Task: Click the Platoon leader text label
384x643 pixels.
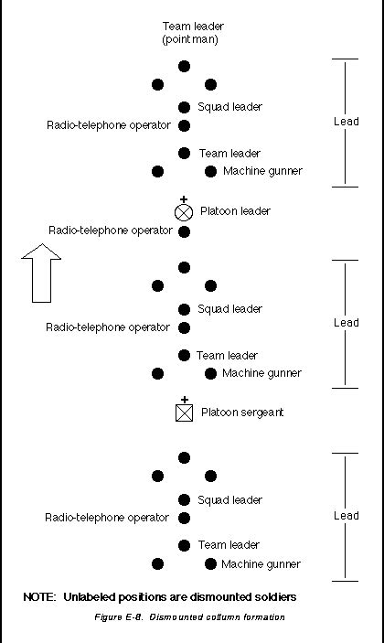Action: (235, 211)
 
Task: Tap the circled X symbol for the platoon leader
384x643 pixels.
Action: (184, 212)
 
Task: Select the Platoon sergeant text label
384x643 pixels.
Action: (242, 413)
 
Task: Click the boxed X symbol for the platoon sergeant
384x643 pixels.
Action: (184, 413)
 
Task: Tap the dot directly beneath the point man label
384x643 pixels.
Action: (184, 66)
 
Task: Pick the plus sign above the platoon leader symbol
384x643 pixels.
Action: (184, 198)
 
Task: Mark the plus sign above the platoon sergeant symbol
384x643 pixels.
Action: (184, 400)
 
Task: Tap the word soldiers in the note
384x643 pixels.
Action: (272, 597)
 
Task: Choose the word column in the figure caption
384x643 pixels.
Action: (218, 617)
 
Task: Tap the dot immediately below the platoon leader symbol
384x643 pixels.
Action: (184, 231)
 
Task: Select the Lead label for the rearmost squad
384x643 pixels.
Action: (347, 516)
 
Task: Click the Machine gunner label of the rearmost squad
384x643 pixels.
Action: (261, 563)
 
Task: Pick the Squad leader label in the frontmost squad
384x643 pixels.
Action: (229, 107)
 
